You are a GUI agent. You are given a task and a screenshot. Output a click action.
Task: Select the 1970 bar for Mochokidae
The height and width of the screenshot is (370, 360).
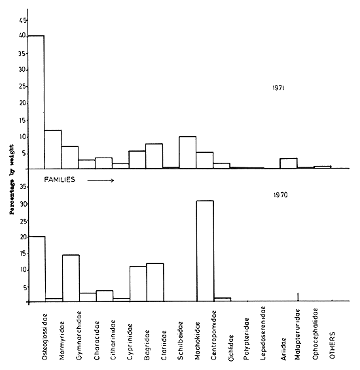[x=205, y=251]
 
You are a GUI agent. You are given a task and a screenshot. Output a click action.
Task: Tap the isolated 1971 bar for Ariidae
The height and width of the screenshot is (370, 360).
[x=289, y=163]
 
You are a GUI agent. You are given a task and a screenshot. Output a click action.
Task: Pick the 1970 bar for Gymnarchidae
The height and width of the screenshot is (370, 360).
[x=70, y=278]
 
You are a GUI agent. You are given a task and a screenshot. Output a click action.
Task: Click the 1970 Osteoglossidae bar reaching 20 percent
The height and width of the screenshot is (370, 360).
[x=36, y=269]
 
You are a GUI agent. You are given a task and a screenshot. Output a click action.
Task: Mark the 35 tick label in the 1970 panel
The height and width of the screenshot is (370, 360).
[x=22, y=186]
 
